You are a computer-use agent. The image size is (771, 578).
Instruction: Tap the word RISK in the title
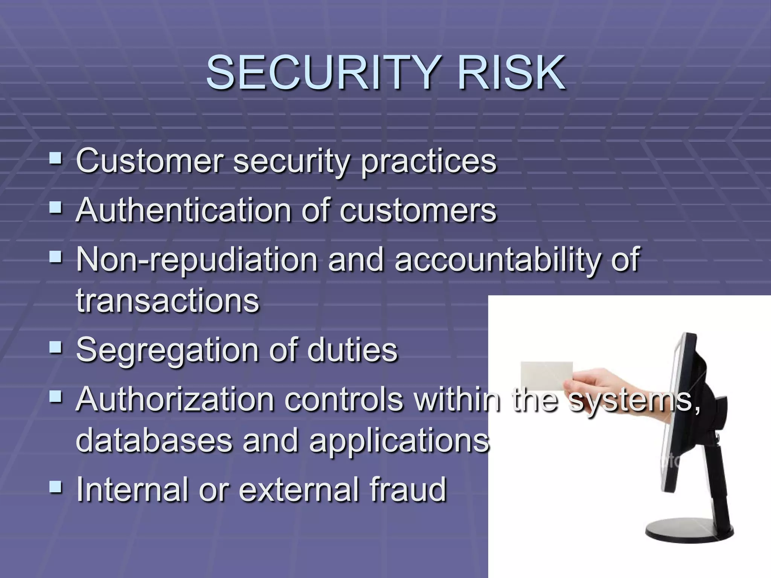[x=511, y=72]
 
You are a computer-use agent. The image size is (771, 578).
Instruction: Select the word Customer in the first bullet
[x=149, y=161]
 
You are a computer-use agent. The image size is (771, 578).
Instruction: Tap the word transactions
[x=168, y=301]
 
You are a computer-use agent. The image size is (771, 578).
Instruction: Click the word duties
[x=352, y=350]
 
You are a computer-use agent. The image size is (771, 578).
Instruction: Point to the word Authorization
[x=175, y=400]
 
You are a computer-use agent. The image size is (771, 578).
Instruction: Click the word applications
[x=399, y=441]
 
